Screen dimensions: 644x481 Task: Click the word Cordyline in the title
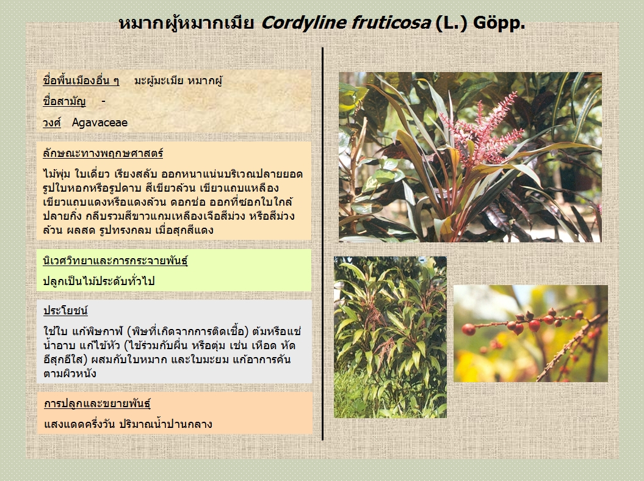(304, 23)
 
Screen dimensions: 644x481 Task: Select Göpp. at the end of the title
(499, 24)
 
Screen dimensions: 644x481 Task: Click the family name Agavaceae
(99, 123)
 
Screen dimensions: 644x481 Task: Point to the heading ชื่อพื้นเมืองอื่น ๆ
(81, 81)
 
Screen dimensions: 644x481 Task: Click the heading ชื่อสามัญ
(64, 101)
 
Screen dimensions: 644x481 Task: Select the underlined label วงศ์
(52, 123)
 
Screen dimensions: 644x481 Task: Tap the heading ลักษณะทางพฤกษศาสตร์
(103, 153)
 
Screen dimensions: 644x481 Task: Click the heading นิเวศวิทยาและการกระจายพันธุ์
(115, 261)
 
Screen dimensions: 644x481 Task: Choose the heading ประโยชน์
(66, 311)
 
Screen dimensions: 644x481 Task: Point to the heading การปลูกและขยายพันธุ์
(97, 403)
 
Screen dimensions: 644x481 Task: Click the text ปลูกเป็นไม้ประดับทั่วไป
(99, 281)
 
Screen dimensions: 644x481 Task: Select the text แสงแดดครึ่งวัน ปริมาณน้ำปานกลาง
(128, 424)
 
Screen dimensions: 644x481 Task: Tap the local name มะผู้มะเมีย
(159, 81)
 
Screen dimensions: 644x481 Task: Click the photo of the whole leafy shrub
(390, 337)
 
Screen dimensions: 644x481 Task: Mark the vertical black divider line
(323, 244)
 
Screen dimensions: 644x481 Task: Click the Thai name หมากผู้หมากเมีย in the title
(186, 23)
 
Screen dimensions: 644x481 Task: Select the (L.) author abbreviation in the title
(451, 23)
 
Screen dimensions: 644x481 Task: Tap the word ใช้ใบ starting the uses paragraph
(56, 331)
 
